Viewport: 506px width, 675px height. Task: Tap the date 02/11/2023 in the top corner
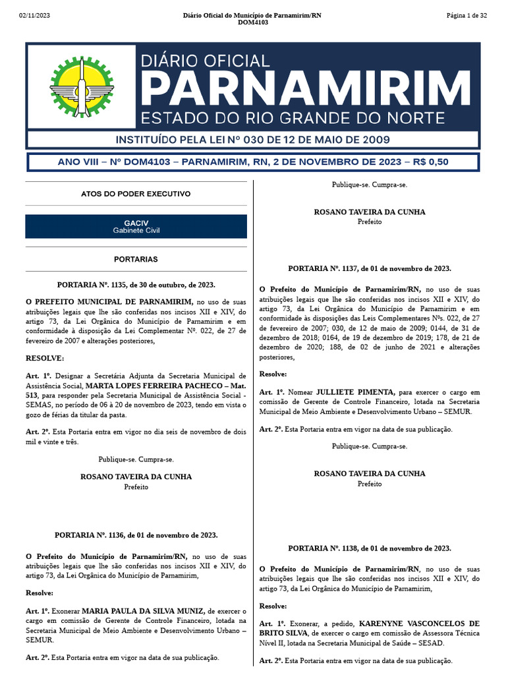point(34,15)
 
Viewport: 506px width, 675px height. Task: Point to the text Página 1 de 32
point(466,15)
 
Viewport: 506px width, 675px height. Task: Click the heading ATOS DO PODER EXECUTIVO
point(136,194)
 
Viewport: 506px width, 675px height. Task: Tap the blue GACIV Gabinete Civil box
point(136,226)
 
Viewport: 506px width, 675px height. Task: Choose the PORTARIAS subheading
point(136,260)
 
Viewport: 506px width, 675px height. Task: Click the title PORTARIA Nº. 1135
point(136,285)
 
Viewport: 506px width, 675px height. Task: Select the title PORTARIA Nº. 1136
point(136,535)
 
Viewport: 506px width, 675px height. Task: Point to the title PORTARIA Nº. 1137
point(370,268)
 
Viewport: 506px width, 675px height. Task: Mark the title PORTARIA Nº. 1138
point(370,548)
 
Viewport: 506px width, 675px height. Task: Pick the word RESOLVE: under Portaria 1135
point(45,358)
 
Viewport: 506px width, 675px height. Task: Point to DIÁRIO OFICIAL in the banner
point(206,61)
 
